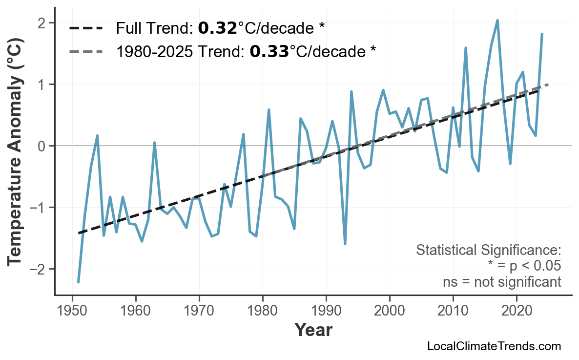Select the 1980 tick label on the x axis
click(263, 311)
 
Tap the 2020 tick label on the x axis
click(517, 311)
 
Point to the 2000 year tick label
click(390, 311)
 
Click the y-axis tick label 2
click(41, 23)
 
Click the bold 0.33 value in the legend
click(268, 51)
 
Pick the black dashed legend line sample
click(86, 28)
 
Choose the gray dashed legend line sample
click(86, 51)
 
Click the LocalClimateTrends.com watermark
click(494, 346)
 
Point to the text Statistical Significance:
click(488, 250)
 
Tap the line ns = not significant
click(501, 282)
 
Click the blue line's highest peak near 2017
click(497, 21)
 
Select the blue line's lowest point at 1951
click(78, 282)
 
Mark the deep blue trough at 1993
click(345, 243)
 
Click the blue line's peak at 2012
click(466, 48)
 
